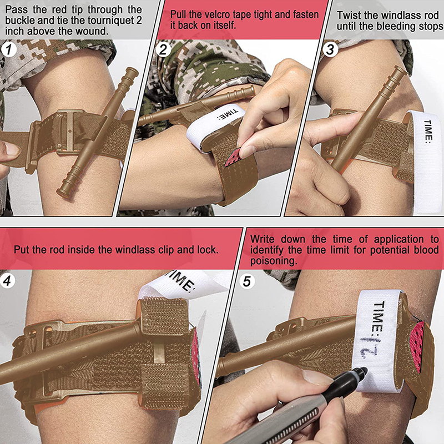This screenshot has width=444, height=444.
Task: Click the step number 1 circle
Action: [x=9, y=49]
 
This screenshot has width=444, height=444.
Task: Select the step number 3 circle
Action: [x=330, y=49]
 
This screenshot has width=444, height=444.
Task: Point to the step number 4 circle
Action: [x=7, y=281]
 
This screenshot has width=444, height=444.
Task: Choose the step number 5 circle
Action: [x=247, y=281]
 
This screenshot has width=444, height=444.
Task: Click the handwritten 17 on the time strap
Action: [x=369, y=346]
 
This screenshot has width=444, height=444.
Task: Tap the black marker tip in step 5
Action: [x=364, y=370]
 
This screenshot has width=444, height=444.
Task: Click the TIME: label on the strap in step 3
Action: [x=428, y=130]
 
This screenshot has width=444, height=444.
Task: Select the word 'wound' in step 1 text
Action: [x=93, y=31]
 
